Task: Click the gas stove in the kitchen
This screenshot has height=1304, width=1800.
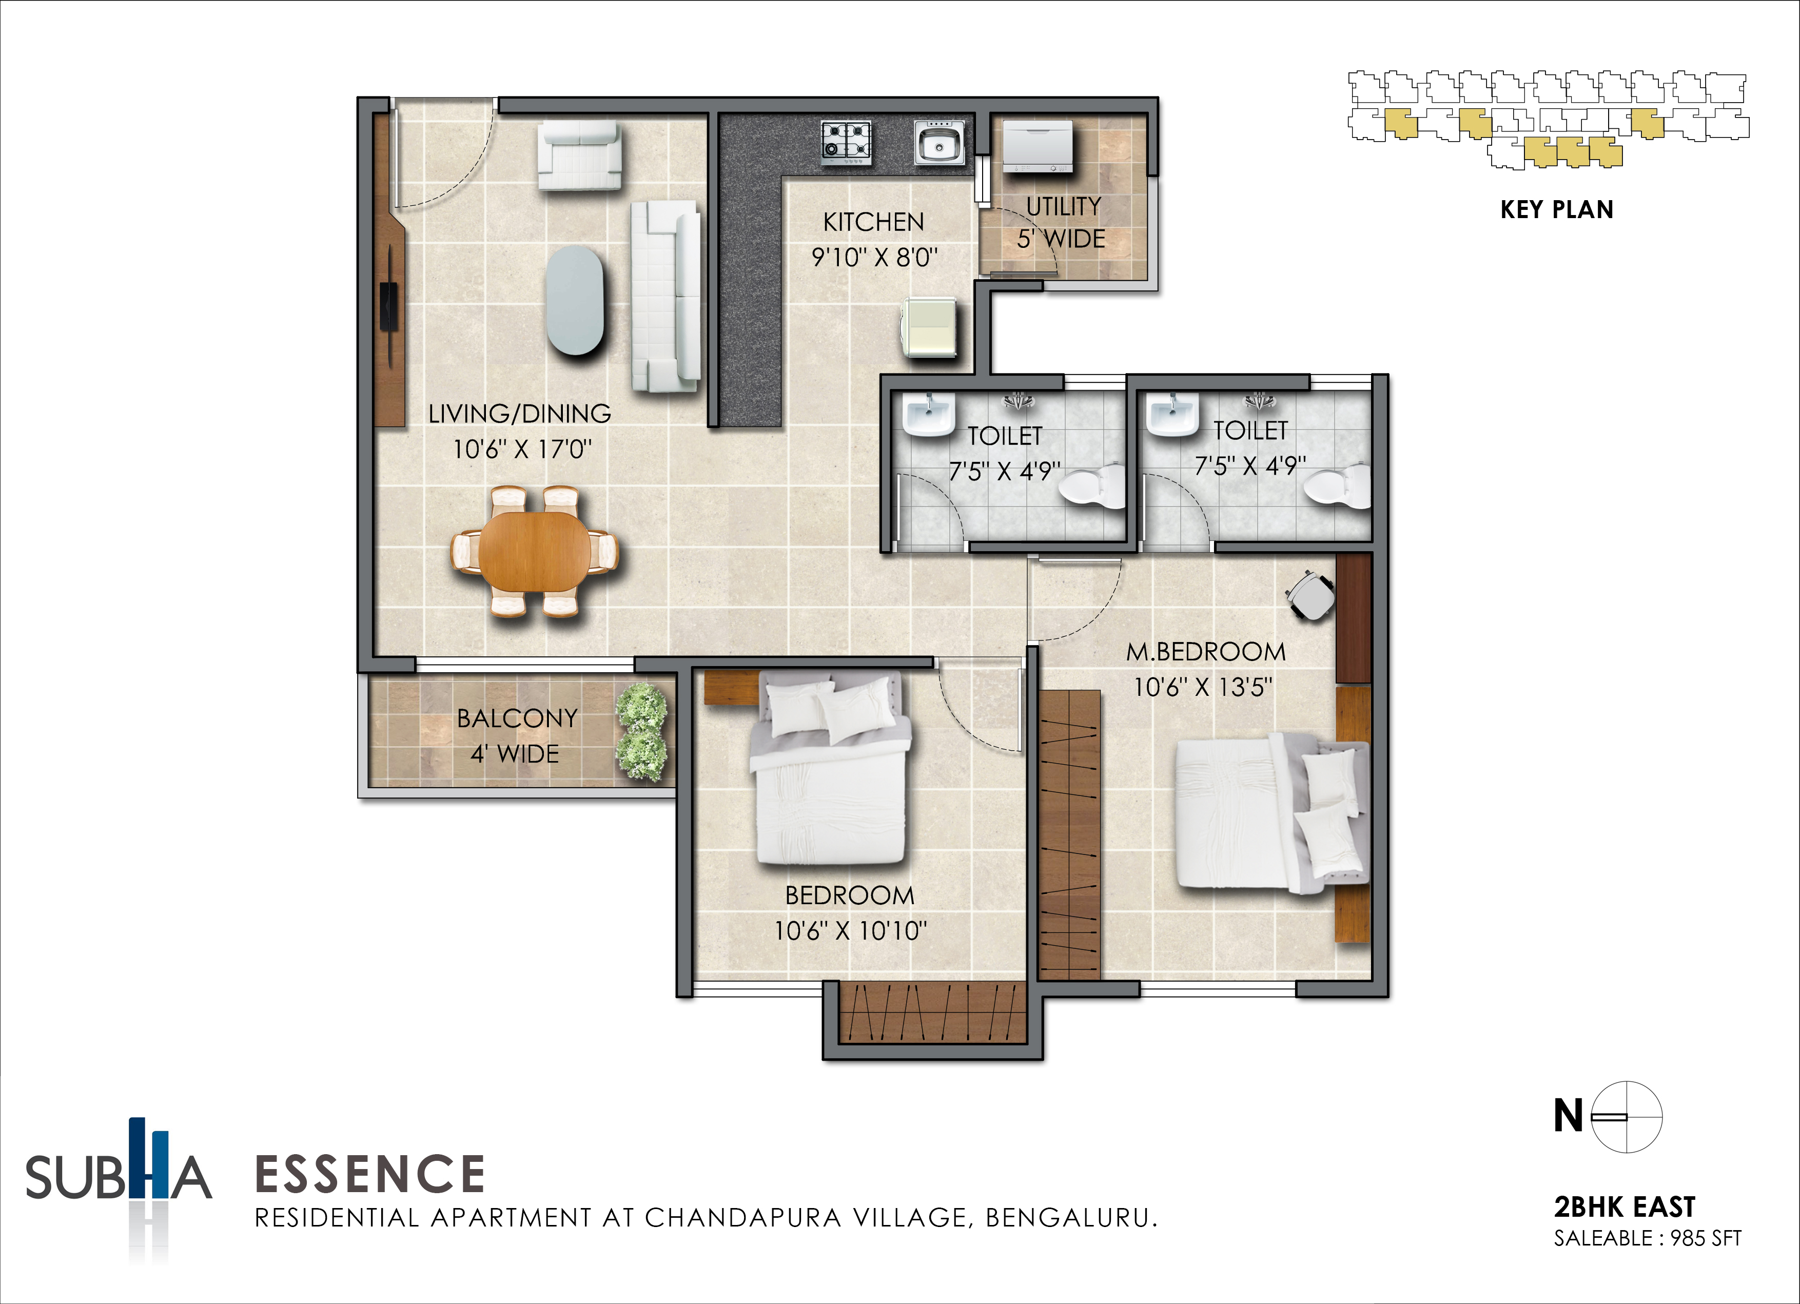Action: [846, 143]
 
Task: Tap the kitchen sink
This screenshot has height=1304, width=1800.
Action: [940, 143]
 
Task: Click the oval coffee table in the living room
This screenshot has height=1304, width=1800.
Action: [575, 299]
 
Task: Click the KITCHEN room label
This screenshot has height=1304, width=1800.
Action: [874, 222]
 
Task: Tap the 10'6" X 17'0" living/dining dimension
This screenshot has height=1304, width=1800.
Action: [522, 449]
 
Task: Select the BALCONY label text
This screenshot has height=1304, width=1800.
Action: [517, 718]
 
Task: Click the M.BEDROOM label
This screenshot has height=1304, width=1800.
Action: [1205, 652]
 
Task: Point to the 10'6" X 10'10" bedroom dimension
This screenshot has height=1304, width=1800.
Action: [851, 930]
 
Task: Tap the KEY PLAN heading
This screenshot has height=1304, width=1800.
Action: [1556, 209]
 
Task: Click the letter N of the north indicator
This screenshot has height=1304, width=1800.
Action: [1568, 1115]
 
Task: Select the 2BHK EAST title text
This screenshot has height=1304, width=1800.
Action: [1625, 1207]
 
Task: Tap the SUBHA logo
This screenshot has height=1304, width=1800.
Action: [119, 1166]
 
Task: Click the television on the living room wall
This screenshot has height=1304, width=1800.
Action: [389, 305]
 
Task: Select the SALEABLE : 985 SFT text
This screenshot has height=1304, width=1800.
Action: [1648, 1238]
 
